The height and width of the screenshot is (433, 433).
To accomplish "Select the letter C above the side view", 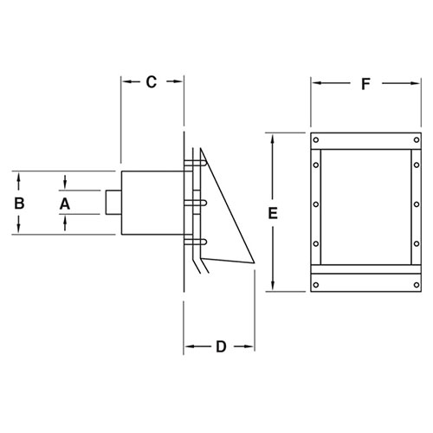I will tap(151, 83).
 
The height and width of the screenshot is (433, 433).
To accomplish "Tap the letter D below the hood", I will tap(220, 348).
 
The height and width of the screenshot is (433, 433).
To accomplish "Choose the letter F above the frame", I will tap(365, 84).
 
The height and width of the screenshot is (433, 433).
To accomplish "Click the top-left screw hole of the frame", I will tap(316, 140).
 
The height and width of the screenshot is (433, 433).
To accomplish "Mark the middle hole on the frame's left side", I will tap(316, 204).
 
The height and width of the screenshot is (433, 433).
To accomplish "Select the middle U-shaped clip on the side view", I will tap(198, 204).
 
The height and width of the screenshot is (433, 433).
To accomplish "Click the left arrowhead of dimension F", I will tap(314, 84).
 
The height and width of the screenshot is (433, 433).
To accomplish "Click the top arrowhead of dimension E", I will tap(274, 136).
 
